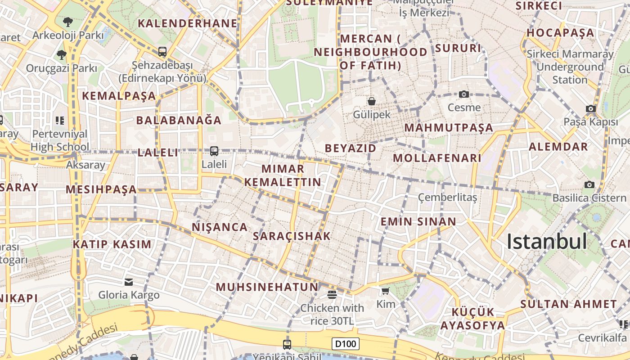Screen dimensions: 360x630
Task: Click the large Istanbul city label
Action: (547, 242)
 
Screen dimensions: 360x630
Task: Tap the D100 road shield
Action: (346, 344)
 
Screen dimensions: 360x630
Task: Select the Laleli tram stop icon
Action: (214, 151)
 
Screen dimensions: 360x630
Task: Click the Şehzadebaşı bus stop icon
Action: (162, 52)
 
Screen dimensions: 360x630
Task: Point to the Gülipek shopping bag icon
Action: (372, 101)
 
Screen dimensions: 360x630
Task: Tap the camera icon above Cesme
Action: (464, 94)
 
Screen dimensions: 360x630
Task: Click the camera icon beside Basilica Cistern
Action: (589, 184)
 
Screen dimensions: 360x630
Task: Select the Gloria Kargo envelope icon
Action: (129, 282)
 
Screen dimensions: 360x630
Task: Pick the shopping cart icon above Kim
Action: (385, 291)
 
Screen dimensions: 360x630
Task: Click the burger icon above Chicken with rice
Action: (332, 295)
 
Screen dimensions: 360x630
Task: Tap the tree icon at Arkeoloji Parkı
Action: (67, 21)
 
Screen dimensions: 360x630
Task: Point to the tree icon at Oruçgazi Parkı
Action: (61, 55)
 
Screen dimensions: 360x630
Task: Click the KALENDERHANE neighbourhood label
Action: (187, 23)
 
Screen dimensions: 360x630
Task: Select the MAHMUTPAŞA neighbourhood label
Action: (449, 128)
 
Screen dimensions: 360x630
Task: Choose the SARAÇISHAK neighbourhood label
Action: (292, 236)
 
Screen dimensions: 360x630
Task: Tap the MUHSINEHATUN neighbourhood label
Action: (267, 287)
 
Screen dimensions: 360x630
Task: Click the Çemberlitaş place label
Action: (447, 198)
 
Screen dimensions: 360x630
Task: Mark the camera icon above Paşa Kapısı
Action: (591, 108)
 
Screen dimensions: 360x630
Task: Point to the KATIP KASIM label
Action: (112, 244)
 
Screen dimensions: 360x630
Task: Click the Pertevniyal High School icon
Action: (60, 121)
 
